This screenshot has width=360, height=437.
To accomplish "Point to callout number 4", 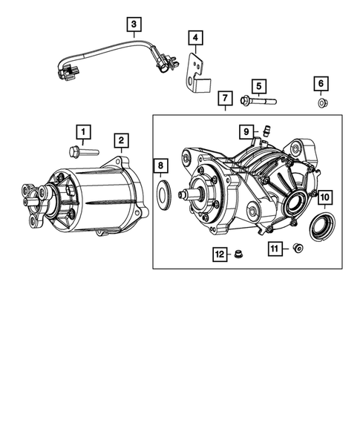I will tap(194, 38).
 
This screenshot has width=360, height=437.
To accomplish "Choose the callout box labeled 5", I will tap(258, 86).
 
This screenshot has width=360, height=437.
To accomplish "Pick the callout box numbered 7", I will tap(224, 99).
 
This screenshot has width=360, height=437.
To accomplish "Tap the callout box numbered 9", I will tap(244, 132).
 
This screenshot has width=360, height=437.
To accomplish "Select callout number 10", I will tap(324, 198).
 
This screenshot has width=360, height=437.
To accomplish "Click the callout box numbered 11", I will tap(274, 249).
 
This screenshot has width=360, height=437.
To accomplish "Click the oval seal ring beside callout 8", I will tap(163, 196).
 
